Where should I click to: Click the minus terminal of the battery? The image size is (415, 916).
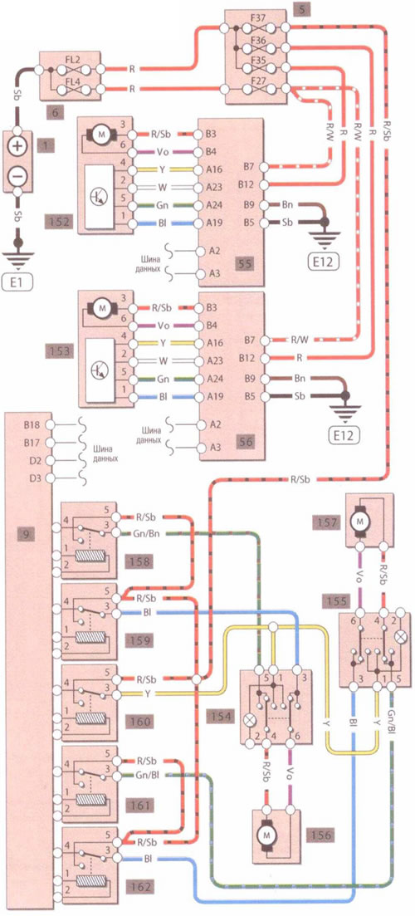tap(19, 174)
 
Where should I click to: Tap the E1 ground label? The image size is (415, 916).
tap(18, 284)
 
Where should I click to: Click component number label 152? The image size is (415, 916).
tap(60, 223)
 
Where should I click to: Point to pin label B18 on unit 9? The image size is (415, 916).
tap(32, 425)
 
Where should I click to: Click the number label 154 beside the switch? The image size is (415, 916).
tap(222, 716)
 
